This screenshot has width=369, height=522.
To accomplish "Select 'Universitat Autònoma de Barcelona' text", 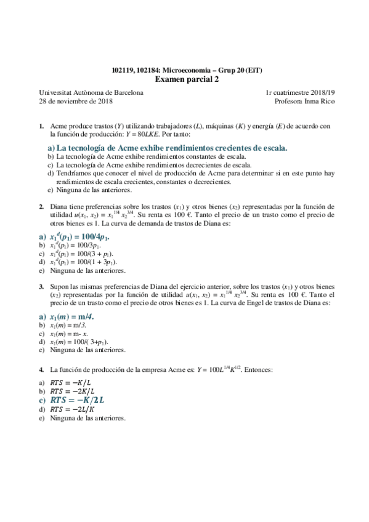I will pos(91,92).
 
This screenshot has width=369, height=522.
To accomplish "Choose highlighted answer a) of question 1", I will pos(168,148).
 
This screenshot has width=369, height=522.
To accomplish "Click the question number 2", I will pos(41,206).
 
